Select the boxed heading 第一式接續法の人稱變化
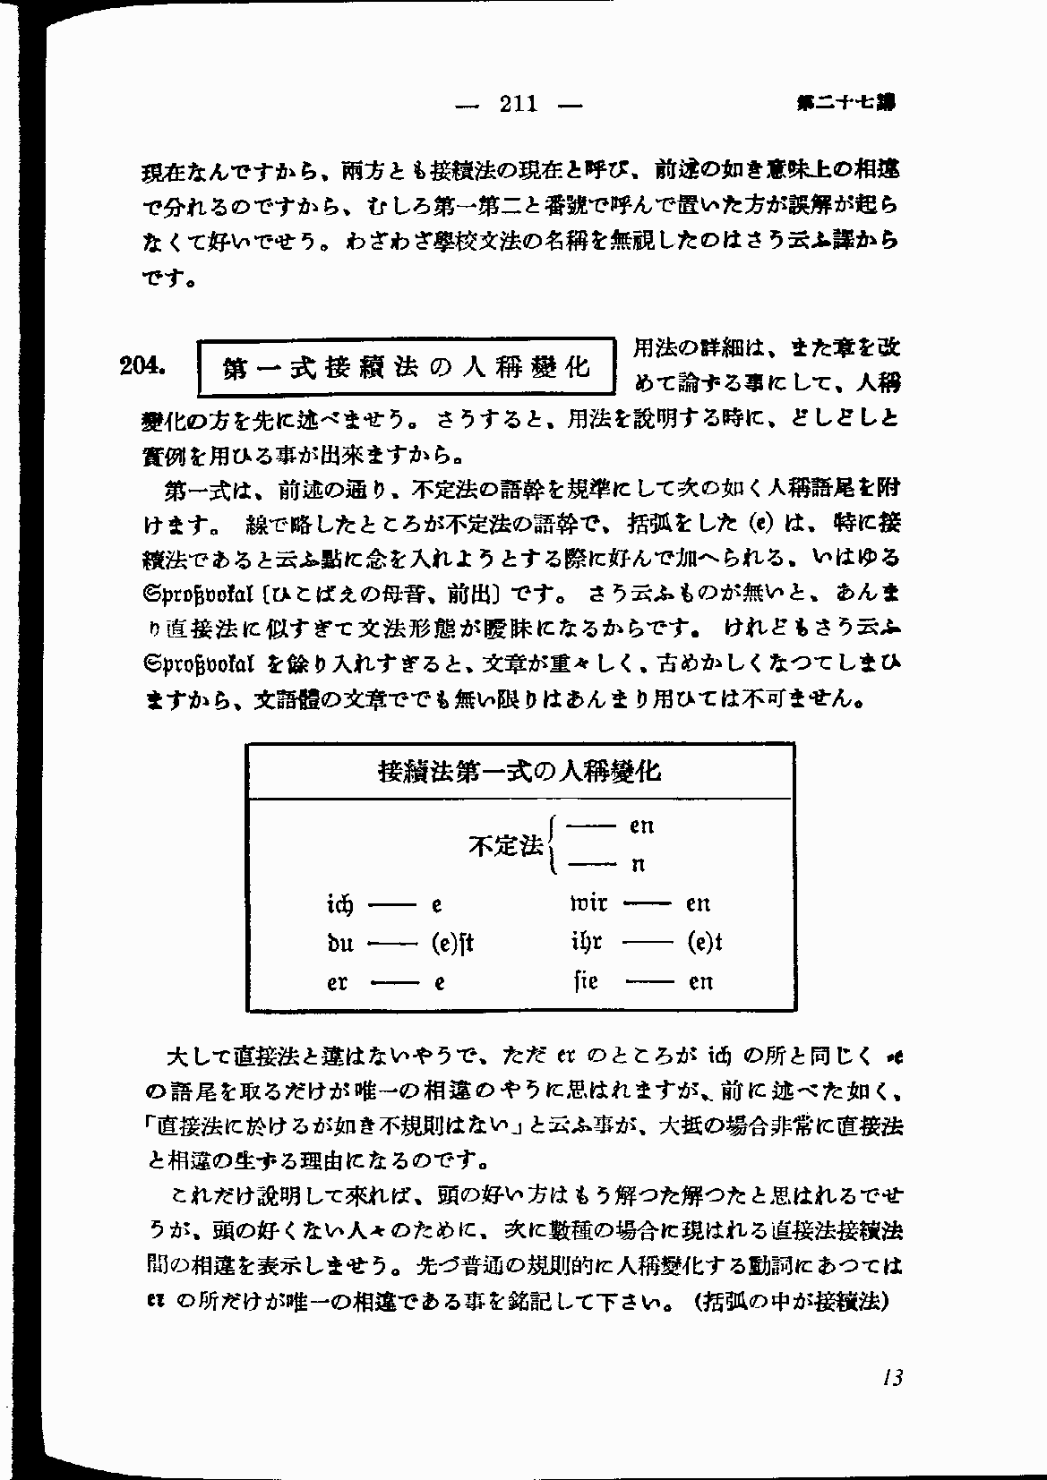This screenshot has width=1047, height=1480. (408, 367)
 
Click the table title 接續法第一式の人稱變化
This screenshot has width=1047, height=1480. (519, 771)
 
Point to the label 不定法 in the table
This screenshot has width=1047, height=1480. (506, 844)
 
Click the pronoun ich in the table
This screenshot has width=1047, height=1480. (340, 903)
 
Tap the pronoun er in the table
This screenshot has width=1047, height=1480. (338, 982)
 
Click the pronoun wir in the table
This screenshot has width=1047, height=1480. (588, 903)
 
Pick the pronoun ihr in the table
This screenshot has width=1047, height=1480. (586, 943)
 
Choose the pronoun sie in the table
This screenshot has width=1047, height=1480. (586, 981)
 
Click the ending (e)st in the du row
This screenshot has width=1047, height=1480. (451, 943)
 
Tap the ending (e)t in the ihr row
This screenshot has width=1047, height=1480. (705, 943)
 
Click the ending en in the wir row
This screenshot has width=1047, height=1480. (698, 903)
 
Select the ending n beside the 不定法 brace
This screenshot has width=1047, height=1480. (639, 865)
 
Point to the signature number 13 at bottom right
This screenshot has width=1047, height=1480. (890, 1377)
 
